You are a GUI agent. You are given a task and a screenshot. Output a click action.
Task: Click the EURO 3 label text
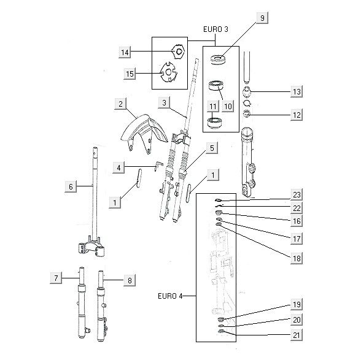pos(215,29)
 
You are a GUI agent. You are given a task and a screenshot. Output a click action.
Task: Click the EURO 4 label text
pos(170,296)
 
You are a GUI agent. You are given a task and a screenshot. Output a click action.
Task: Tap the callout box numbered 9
pos(263,18)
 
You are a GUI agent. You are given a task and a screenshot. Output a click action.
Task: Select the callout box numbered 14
pos(125,52)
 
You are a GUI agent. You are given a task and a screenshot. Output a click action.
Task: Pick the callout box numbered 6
pos(71,186)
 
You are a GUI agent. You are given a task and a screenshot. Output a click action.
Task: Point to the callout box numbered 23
pos(297,195)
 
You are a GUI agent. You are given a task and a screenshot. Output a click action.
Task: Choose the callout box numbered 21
pos(297,335)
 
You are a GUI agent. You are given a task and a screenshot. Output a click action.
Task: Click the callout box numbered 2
pos(120,104)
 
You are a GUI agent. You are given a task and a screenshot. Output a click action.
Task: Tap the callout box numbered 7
pos(56,278)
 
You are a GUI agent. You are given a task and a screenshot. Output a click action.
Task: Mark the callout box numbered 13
pos(297,91)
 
